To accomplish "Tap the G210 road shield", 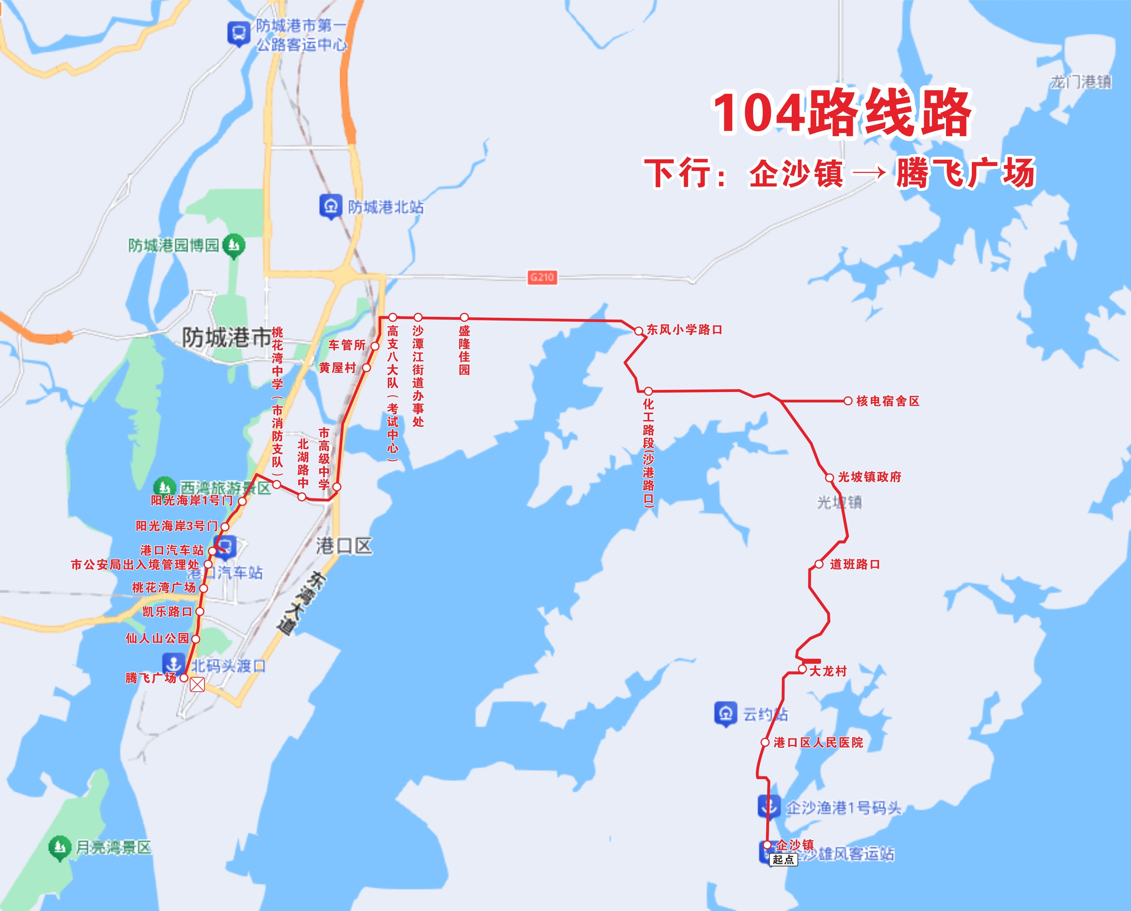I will pyautogui.click(x=542, y=277).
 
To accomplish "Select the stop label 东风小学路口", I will pyautogui.click(x=684, y=329).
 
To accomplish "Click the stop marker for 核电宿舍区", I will pyautogui.click(x=848, y=401).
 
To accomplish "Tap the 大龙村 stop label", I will pyautogui.click(x=828, y=671).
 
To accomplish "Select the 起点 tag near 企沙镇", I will pyautogui.click(x=783, y=859).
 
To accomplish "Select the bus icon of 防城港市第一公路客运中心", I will pyautogui.click(x=239, y=33).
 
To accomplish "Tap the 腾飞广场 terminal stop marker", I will pyautogui.click(x=184, y=678).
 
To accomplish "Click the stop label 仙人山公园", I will pyautogui.click(x=157, y=638).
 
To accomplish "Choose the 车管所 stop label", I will pyautogui.click(x=346, y=345).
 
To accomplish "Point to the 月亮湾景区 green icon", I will pyautogui.click(x=59, y=847).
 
